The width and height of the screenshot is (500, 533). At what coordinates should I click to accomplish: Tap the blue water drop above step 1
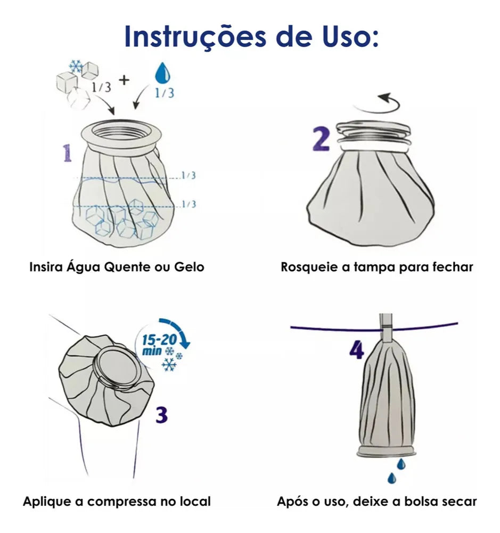pos(162,72)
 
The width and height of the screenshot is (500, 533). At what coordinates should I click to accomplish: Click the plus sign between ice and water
pos(124,80)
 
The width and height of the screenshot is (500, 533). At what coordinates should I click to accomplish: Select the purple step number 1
pos(68,153)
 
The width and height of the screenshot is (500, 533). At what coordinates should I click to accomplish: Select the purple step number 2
pos(321,139)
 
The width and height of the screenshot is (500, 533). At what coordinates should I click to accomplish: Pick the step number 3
pos(162,415)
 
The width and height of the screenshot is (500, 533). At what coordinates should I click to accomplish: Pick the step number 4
pos(357,350)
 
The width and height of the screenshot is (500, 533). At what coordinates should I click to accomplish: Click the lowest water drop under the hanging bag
pos(392,478)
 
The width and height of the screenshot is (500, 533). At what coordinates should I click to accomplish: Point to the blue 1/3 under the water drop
pos(165,93)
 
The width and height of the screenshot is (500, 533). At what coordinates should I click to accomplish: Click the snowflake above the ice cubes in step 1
pos(76,66)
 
